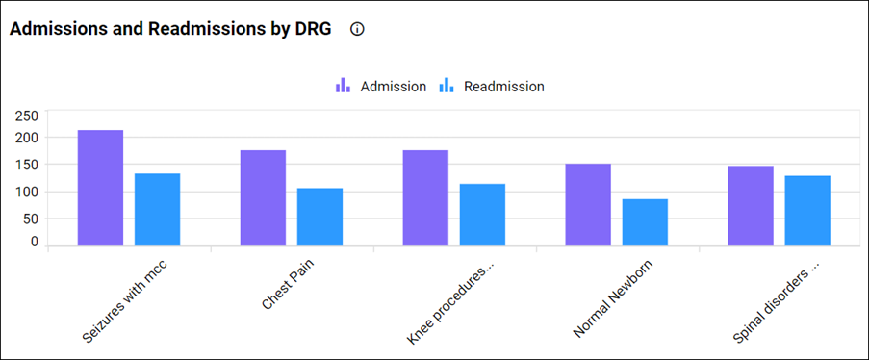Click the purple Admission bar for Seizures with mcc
[x=100, y=188]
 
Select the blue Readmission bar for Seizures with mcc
[x=157, y=209]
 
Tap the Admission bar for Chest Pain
[x=263, y=197]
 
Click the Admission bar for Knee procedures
[x=425, y=197]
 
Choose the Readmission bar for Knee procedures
[x=482, y=214]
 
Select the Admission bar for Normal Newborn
[x=587, y=204]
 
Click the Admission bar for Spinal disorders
[x=751, y=205]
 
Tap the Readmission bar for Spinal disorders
[x=807, y=210]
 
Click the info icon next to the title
[x=358, y=29]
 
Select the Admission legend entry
[x=381, y=87]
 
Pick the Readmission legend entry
[x=492, y=87]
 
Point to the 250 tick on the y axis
[x=27, y=116]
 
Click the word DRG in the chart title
[x=310, y=29]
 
